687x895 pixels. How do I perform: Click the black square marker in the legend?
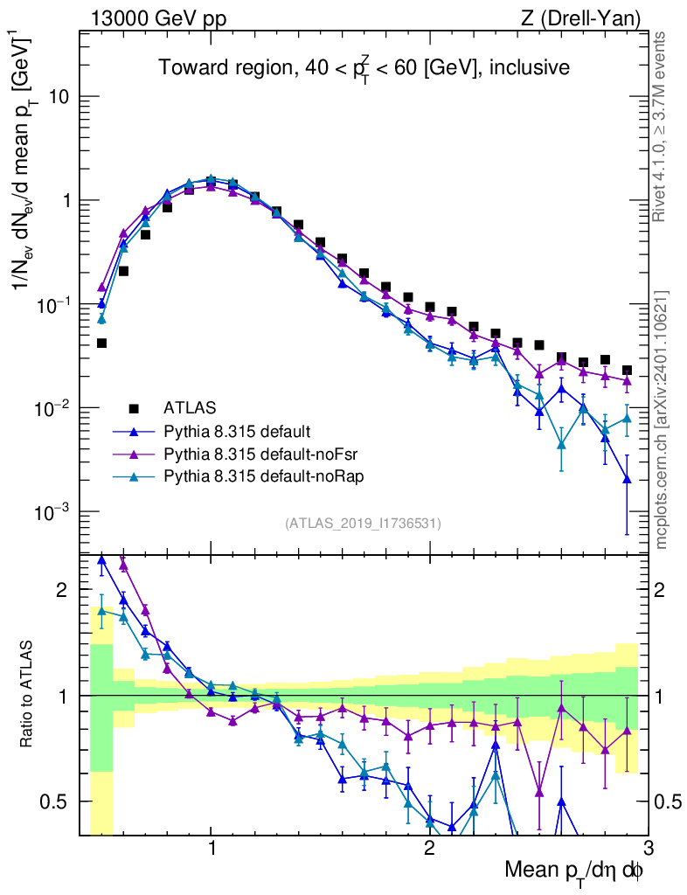pos(134,407)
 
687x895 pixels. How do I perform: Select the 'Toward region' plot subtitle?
pos(364,68)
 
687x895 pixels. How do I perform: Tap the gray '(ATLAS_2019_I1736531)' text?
pos(363,524)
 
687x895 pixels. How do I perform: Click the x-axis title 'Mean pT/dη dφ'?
pos(574,870)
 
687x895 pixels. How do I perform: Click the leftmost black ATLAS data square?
pos(101,343)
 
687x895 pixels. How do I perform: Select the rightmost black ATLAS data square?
pos(626,371)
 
